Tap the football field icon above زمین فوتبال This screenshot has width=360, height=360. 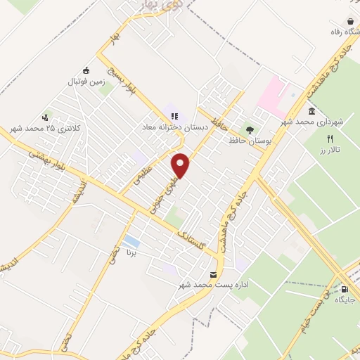click(86, 70)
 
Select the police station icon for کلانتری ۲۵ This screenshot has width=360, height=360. click(46, 117)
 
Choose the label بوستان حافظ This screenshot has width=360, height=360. click(250, 141)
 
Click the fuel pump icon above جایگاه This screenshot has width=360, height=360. click(345, 288)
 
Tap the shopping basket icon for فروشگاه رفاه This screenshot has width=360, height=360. click(349, 22)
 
